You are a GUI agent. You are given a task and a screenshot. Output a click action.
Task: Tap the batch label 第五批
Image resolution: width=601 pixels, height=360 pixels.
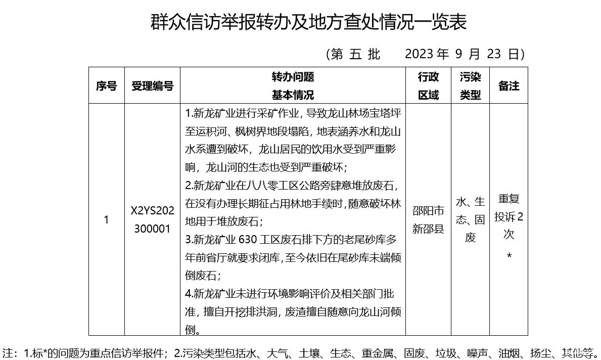pyautogui.click(x=355, y=54)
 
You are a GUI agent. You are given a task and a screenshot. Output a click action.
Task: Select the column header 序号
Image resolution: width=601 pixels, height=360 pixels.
pyautogui.click(x=106, y=85)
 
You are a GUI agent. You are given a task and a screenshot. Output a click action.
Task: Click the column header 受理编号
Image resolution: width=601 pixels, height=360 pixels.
pyautogui.click(x=152, y=85)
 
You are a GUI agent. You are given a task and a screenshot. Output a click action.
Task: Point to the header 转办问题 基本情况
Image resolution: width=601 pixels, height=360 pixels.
pyautogui.click(x=293, y=85)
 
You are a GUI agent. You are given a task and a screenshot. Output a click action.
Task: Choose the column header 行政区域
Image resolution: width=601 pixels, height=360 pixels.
pyautogui.click(x=428, y=85)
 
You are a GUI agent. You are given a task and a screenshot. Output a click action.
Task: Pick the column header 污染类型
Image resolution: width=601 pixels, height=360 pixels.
pyautogui.click(x=470, y=85)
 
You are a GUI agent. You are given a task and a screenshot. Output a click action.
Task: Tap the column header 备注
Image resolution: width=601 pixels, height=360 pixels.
pyautogui.click(x=508, y=85)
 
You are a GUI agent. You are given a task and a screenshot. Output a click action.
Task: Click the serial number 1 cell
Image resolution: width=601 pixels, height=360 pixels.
pyautogui.click(x=106, y=220)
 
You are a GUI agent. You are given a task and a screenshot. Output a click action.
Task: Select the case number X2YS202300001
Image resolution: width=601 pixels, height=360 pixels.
pyautogui.click(x=152, y=220)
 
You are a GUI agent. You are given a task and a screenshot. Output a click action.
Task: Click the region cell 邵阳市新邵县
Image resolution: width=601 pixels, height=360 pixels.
pyautogui.click(x=428, y=219)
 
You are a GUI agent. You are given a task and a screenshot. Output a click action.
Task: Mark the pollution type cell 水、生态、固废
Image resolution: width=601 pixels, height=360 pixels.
pyautogui.click(x=470, y=220)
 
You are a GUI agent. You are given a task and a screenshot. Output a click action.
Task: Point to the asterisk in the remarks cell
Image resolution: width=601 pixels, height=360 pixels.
pyautogui.click(x=509, y=256)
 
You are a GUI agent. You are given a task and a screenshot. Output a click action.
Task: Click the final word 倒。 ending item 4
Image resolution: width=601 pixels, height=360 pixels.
pyautogui.click(x=192, y=330)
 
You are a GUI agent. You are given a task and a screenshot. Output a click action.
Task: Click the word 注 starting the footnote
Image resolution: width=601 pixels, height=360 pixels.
pyautogui.click(x=10, y=352)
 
